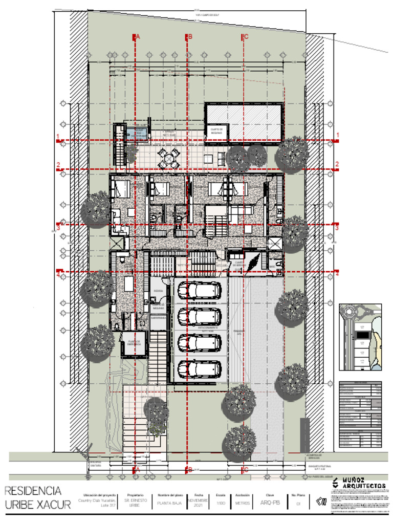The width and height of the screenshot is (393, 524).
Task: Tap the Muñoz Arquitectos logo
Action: click(358, 483)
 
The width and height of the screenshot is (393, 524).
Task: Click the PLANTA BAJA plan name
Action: click(170, 503)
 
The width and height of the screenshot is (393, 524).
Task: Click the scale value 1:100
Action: click(221, 503)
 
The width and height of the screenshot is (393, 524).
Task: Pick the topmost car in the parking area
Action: click(199, 291)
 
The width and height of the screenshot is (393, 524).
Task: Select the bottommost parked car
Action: click(199, 368)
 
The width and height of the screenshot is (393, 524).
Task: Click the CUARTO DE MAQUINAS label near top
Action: click(219, 130)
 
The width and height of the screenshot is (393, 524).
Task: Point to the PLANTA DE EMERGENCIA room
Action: click(134, 344)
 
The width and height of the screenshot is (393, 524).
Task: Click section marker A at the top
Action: click(136, 37)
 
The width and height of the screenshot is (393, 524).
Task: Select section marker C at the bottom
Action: click(245, 469)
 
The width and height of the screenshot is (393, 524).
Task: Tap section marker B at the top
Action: click(189, 37)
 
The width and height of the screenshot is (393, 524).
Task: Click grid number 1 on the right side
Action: click(338, 136)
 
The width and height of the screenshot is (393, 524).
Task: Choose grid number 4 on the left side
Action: click(58, 274)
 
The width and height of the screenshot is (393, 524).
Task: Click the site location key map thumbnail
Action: click(360, 336)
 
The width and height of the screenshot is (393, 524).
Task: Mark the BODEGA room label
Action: click(158, 290)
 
